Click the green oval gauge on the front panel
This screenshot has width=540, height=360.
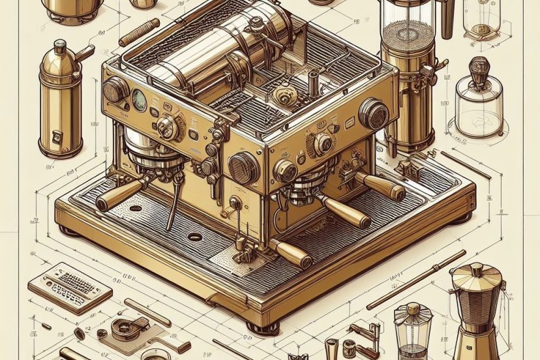(139, 99)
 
